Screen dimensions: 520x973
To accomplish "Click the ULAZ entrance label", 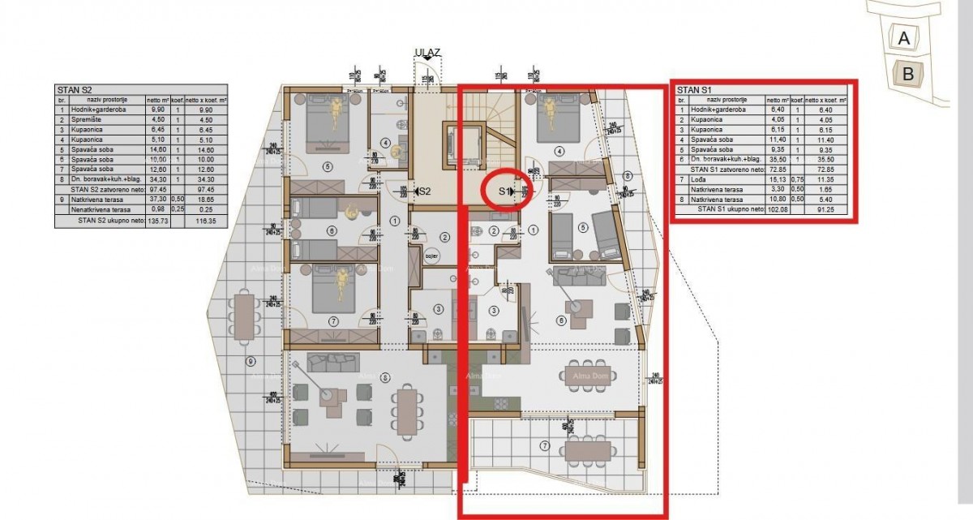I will pyautogui.click(x=427, y=53).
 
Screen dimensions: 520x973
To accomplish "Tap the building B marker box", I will pyautogui.click(x=908, y=74).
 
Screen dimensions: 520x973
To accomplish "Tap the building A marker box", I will pyautogui.click(x=903, y=37).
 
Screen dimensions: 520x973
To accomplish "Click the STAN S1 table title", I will pyautogui.click(x=694, y=89).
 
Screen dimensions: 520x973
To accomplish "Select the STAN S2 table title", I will pyautogui.click(x=74, y=89).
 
